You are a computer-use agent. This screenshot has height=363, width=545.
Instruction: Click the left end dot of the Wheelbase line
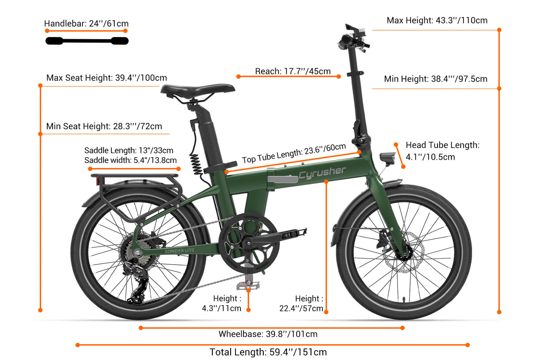141,328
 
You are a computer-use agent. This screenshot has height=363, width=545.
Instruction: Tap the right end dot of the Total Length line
467,345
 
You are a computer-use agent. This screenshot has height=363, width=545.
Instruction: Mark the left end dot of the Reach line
238,77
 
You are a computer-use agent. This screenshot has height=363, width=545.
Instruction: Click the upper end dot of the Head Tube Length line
396,145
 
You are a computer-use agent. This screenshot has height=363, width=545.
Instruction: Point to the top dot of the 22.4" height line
326,181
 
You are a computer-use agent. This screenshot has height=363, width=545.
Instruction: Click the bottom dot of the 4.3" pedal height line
249,310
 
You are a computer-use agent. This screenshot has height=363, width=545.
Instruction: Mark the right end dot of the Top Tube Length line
359,152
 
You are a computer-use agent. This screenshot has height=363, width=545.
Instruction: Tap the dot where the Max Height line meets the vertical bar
499,30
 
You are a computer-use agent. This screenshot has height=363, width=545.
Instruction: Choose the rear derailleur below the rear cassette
136,282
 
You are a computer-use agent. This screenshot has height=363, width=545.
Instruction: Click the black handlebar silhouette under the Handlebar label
87,41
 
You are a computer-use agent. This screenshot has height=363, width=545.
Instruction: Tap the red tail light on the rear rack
98,181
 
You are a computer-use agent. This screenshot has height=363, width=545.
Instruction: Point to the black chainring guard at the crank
249,243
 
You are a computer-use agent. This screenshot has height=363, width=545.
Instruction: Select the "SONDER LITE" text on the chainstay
179,251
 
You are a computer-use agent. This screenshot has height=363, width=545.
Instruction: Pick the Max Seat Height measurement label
106,78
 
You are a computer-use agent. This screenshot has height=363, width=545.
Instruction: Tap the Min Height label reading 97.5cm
436,79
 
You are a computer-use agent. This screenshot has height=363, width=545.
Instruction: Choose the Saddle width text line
130,160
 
